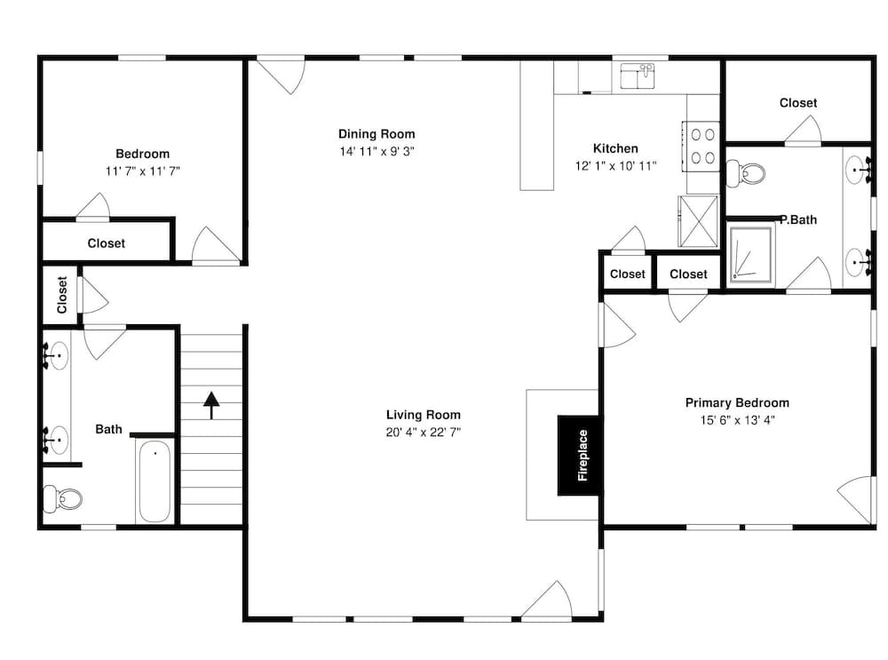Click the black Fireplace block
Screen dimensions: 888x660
[579, 456]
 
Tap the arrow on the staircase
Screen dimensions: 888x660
[211, 405]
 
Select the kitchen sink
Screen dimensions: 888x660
[637, 76]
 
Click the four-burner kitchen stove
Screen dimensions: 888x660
[702, 147]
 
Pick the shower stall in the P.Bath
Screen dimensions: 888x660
[751, 254]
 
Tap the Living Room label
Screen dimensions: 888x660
[423, 415]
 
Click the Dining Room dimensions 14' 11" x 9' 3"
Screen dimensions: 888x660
[377, 151]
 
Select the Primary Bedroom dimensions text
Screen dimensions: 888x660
[737, 420]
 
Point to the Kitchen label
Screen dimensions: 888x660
[615, 148]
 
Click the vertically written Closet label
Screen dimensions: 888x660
[62, 295]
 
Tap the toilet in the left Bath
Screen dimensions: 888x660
[63, 498]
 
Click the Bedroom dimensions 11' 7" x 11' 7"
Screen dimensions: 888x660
[143, 171]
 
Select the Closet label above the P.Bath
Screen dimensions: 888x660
[798, 102]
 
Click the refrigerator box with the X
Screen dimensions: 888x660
[698, 221]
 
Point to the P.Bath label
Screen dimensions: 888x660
[798, 219]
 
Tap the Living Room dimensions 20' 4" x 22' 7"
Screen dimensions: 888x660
[423, 433]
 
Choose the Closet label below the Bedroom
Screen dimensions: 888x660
[106, 243]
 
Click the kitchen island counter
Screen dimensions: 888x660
[537, 125]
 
